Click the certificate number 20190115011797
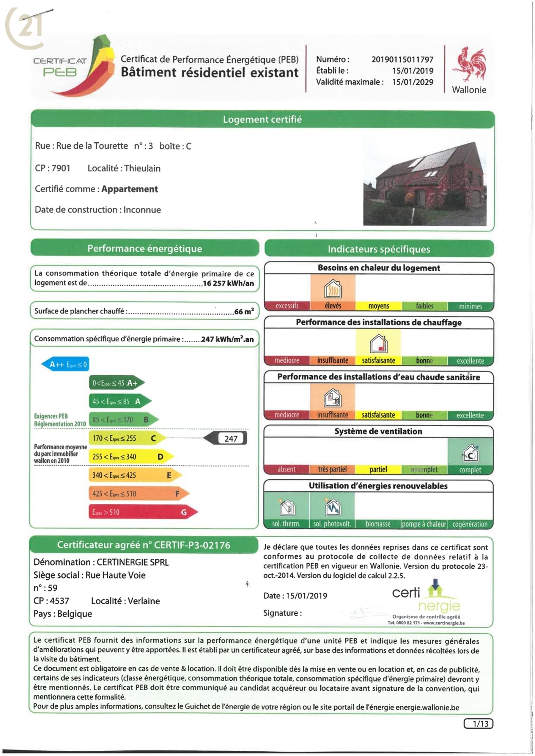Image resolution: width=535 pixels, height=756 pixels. coord(402,60)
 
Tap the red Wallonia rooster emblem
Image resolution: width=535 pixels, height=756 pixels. coord(469,64)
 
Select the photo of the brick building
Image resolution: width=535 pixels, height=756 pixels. coord(424,184)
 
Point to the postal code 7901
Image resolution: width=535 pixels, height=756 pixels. coord(61,168)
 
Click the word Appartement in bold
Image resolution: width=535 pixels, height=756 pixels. coord(130,189)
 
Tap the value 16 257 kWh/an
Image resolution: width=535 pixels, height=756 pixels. coord(228,283)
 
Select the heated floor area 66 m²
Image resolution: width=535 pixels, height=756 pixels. coord(244,311)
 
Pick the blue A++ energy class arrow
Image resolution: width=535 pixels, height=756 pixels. coord(65,364)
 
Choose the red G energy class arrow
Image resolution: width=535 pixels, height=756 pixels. coord(143,512)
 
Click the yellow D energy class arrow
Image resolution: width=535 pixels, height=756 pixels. coord(131,456)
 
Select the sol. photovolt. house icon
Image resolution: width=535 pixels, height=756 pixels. coord(333,507)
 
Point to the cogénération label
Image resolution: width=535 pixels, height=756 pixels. coord(470,524)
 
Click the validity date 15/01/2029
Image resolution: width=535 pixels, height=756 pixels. coord(413,82)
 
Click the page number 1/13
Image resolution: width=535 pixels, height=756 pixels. coord(478,724)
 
